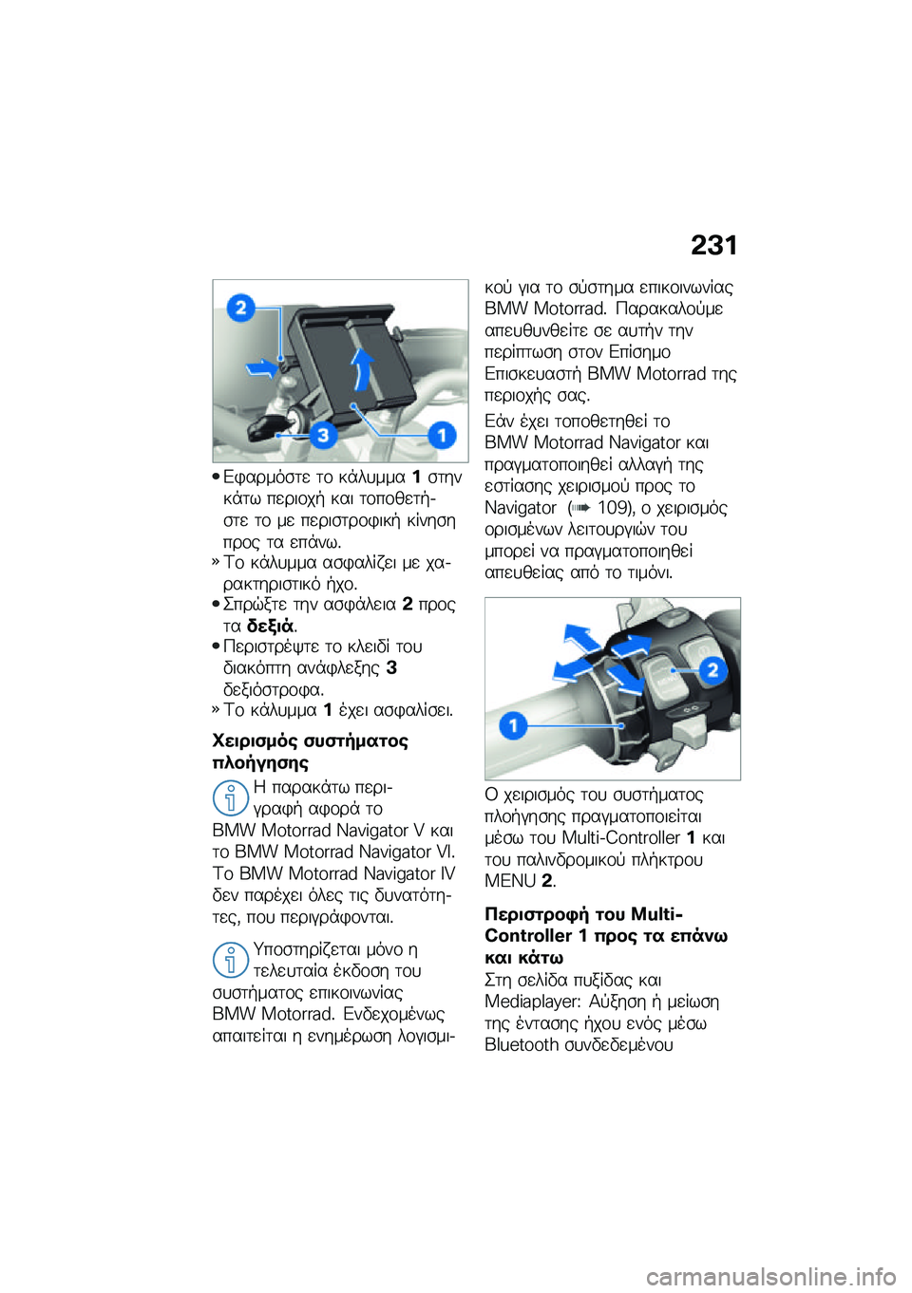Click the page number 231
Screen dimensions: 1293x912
click(x=713, y=245)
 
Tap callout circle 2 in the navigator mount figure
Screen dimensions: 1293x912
click(x=241, y=308)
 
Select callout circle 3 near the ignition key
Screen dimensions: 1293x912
click(x=323, y=435)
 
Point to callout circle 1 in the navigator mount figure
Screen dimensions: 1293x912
click(x=441, y=435)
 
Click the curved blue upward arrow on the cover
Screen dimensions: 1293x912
click(x=361, y=368)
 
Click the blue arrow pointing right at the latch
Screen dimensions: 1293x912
click(x=258, y=367)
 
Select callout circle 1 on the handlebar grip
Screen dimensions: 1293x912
click(x=513, y=726)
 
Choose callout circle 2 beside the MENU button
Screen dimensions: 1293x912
click(x=712, y=670)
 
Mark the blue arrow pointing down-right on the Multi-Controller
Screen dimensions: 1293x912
click(x=624, y=677)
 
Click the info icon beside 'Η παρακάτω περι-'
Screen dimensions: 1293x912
click(x=230, y=797)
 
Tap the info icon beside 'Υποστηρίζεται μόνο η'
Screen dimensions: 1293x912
click(x=230, y=960)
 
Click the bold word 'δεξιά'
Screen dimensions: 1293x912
click(x=270, y=626)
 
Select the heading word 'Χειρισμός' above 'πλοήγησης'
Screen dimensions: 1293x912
click(x=256, y=740)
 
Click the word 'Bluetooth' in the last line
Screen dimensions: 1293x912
click(x=522, y=1045)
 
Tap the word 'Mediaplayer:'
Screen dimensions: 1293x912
click(x=532, y=1002)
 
